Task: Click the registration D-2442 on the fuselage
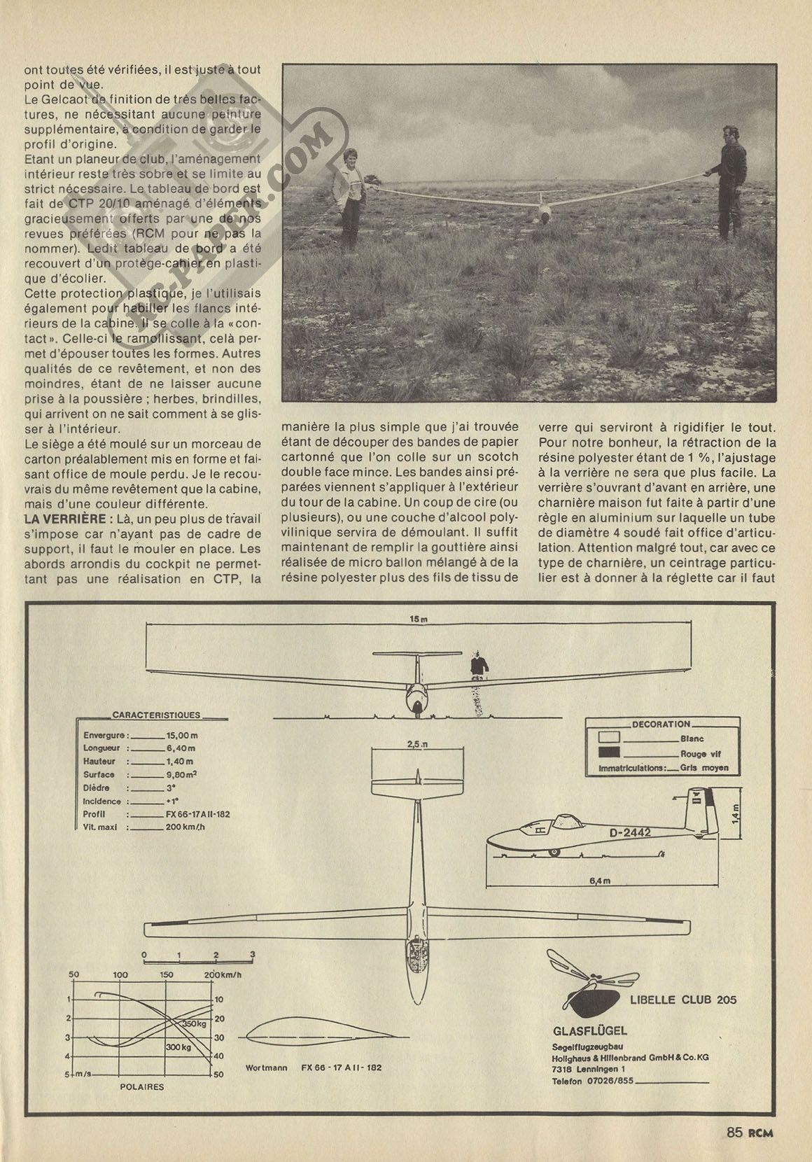(x=630, y=832)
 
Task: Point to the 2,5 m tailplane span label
(x=419, y=745)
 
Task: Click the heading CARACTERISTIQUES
(x=156, y=715)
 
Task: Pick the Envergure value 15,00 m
(x=182, y=736)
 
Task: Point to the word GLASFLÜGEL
(x=589, y=1030)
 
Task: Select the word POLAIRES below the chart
(x=143, y=1086)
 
